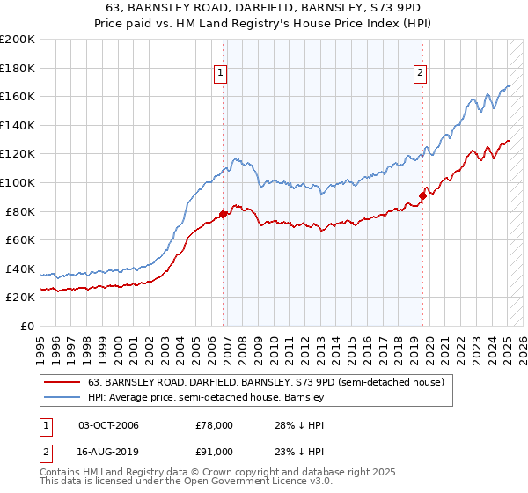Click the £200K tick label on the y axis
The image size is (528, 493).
coord(17,40)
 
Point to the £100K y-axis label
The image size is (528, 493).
coord(17,182)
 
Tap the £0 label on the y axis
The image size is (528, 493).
coord(26,326)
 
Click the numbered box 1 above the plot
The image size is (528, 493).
coord(220,73)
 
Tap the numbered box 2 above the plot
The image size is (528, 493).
coord(421,73)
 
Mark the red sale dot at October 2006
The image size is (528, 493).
coord(224,213)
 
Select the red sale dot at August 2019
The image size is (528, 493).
coord(422,195)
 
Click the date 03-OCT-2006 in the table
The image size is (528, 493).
coord(109,426)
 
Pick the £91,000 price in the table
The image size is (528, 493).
coord(215,452)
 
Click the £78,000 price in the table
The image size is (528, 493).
coord(215,426)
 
